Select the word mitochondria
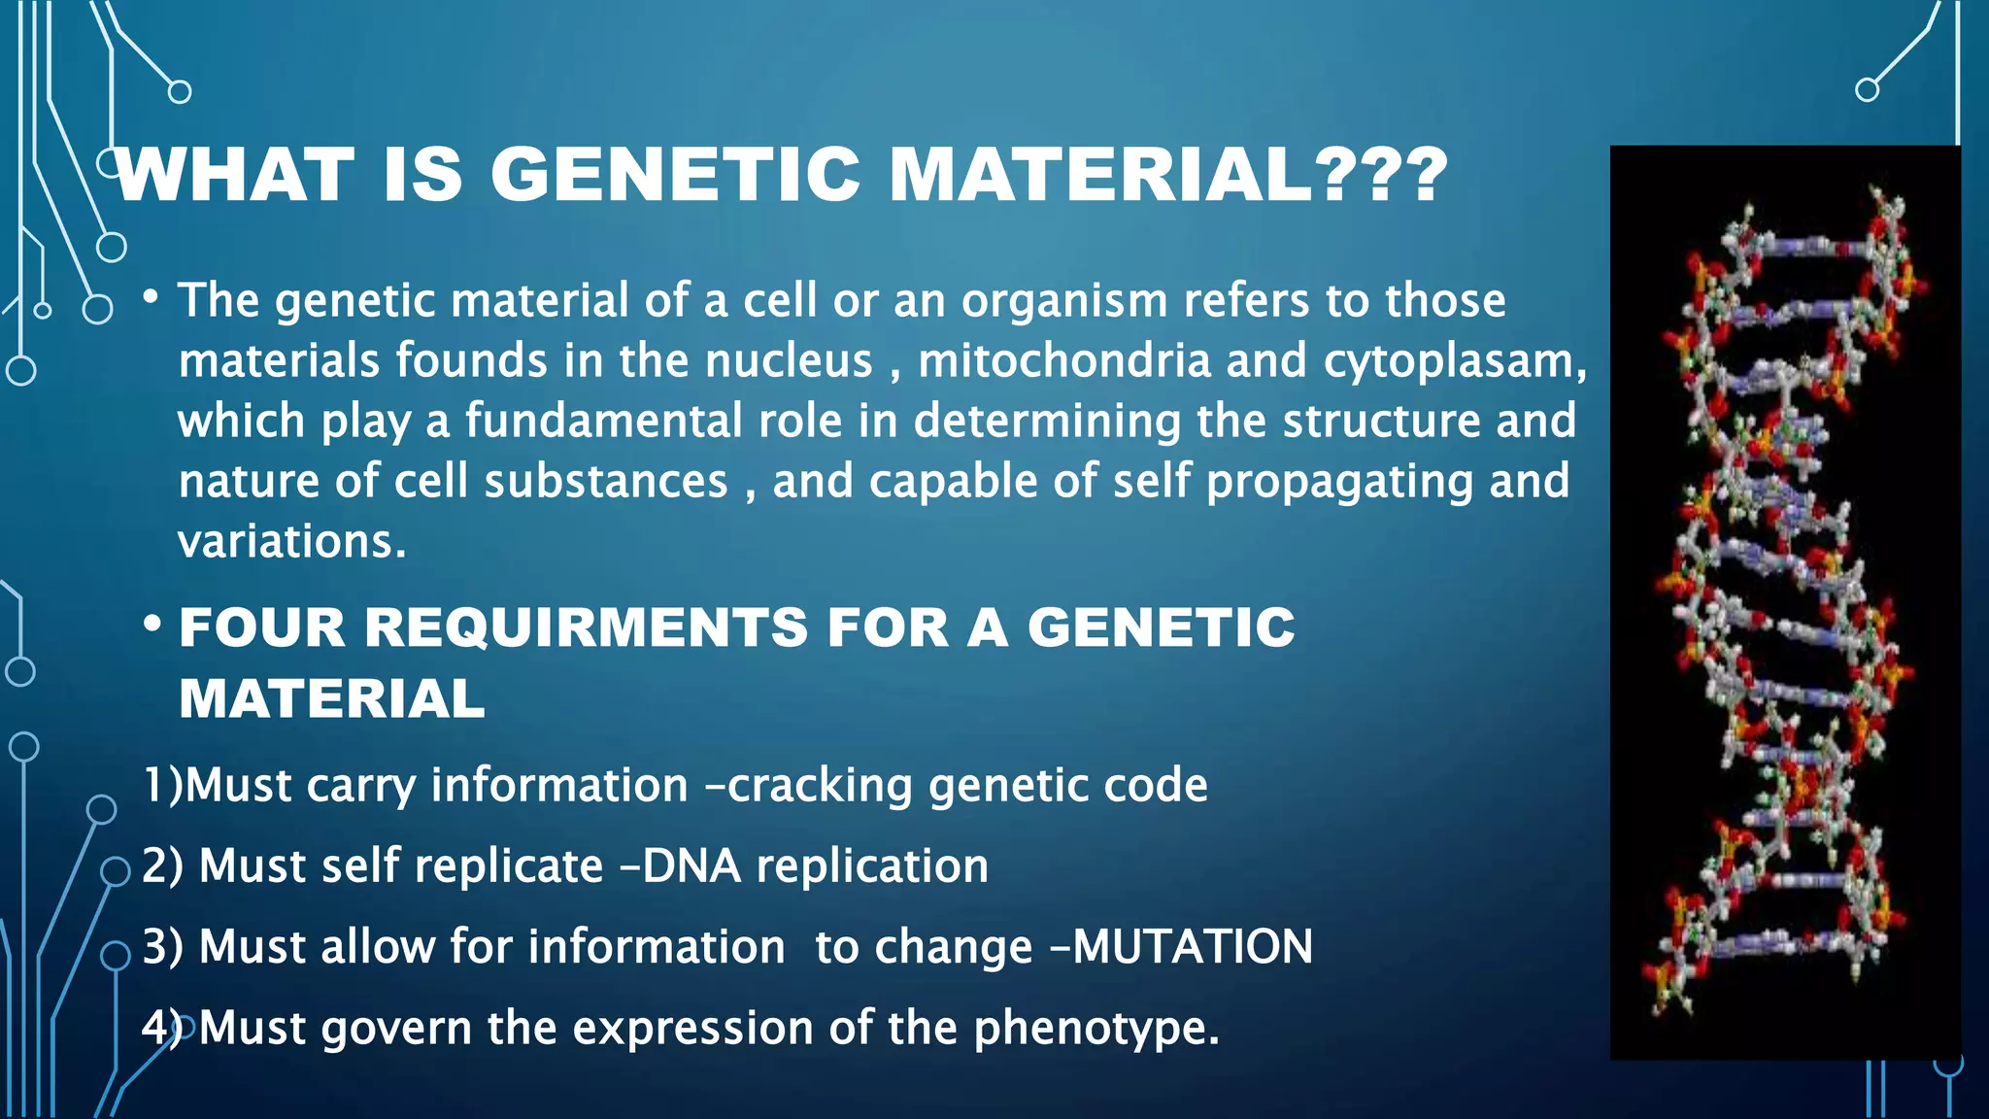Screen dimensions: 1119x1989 pyautogui.click(x=1063, y=360)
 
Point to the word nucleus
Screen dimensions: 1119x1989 pyautogui.click(x=789, y=360)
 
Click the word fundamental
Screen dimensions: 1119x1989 pyautogui.click(x=603, y=421)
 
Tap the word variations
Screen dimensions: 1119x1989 pyautogui.click(x=290, y=541)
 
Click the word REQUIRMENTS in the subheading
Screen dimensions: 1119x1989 pyautogui.click(x=586, y=627)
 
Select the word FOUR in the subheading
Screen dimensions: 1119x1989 pyautogui.click(x=262, y=627)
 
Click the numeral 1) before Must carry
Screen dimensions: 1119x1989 pyautogui.click(x=162, y=785)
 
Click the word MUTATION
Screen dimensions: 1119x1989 pyautogui.click(x=1193, y=946)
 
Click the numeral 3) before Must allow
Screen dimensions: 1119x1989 pyautogui.click(x=162, y=946)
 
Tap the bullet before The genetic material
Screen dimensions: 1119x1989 pyautogui.click(x=151, y=297)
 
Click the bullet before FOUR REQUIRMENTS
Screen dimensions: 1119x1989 pyautogui.click(x=152, y=625)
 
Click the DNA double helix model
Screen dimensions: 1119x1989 pyautogui.click(x=1785, y=602)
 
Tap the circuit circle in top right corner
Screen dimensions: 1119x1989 pyautogui.click(x=1867, y=90)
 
